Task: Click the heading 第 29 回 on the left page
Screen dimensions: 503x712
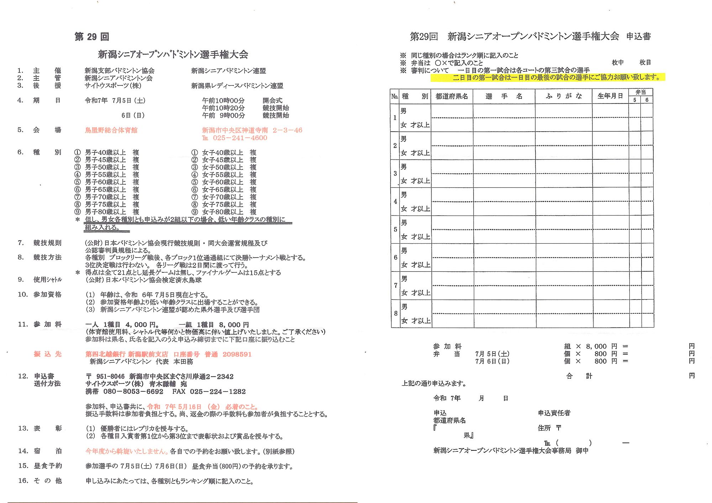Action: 91,37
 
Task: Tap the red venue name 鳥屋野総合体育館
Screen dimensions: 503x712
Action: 111,130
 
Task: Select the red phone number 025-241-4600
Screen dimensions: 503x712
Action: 240,138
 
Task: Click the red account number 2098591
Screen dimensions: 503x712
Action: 237,354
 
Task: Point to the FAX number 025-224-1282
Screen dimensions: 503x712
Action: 218,392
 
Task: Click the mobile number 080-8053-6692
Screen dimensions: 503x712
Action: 133,392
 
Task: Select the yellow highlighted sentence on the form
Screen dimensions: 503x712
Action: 548,78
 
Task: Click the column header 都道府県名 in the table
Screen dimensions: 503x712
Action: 451,96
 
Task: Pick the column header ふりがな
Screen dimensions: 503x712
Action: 564,96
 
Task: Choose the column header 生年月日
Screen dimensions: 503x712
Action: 610,96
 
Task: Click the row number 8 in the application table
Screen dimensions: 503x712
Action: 396,313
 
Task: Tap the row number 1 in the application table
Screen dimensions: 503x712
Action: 394,118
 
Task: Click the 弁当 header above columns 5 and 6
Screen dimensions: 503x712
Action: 640,92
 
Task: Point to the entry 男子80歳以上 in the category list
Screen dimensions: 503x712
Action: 105,212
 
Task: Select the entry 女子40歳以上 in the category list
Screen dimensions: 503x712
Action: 222,153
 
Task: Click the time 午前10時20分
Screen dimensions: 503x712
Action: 223,108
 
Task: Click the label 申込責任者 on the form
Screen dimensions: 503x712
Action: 554,413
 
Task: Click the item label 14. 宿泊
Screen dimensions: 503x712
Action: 40,451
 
